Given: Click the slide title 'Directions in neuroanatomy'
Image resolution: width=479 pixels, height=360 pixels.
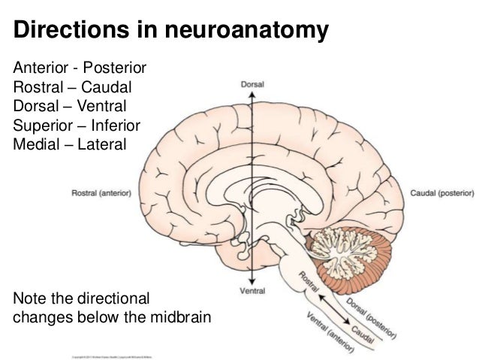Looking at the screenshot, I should click(x=171, y=32).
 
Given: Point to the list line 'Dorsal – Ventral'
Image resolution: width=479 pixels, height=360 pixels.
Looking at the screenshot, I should click(x=71, y=107).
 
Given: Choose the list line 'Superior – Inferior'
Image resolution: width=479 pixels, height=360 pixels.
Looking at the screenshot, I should click(x=77, y=124).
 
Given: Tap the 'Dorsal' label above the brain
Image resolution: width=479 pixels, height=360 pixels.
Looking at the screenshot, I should click(x=253, y=86).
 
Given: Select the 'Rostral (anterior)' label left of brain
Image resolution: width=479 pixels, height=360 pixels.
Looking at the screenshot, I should click(x=101, y=192).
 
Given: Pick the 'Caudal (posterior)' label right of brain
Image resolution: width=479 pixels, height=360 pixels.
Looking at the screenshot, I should click(x=440, y=192).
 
